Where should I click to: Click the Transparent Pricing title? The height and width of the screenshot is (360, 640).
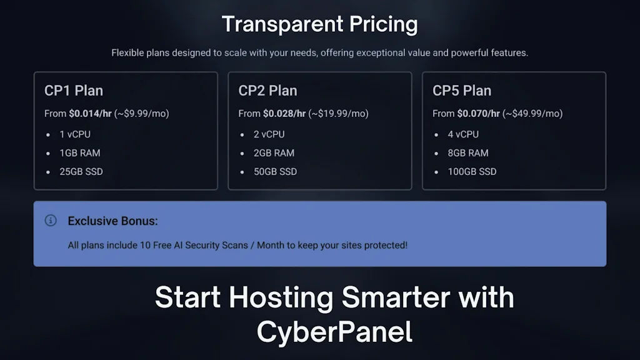coord(319,25)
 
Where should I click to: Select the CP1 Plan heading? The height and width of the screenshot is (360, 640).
coord(74,91)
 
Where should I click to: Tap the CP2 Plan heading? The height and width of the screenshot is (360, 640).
coord(267,91)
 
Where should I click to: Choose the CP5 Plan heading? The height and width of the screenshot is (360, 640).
coord(462,91)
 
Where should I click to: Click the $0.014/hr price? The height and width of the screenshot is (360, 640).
coord(90,114)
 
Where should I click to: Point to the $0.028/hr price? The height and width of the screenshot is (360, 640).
coord(284,114)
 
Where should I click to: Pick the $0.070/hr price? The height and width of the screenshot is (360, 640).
coord(479,114)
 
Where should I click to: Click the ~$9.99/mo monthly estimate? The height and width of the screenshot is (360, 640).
coord(142,114)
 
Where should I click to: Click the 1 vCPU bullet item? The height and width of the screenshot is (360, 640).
coord(75,134)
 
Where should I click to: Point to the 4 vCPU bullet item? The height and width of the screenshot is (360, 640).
coord(463,134)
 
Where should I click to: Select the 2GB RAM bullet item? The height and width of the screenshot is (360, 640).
coord(274,153)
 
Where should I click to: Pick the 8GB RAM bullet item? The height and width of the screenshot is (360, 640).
coord(468,153)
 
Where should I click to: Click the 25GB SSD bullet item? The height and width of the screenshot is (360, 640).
coord(81,172)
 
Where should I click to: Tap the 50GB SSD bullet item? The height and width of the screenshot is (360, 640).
coord(276,172)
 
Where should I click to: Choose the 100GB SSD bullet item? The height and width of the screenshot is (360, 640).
coord(472,172)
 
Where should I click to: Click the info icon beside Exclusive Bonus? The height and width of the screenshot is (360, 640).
coord(51,221)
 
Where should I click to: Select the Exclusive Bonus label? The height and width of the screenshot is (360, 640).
coord(112,221)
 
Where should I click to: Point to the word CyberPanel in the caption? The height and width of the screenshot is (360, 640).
coord(335,332)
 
